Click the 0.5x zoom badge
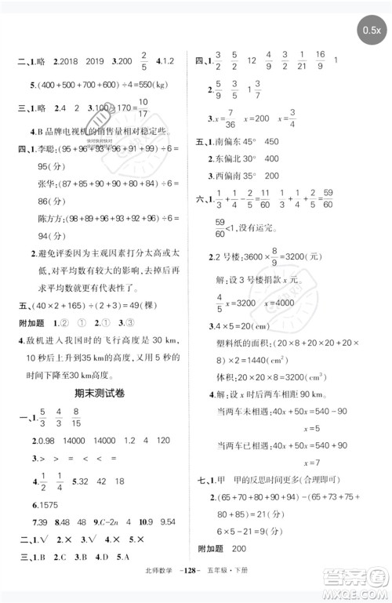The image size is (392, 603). pos(371,31)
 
